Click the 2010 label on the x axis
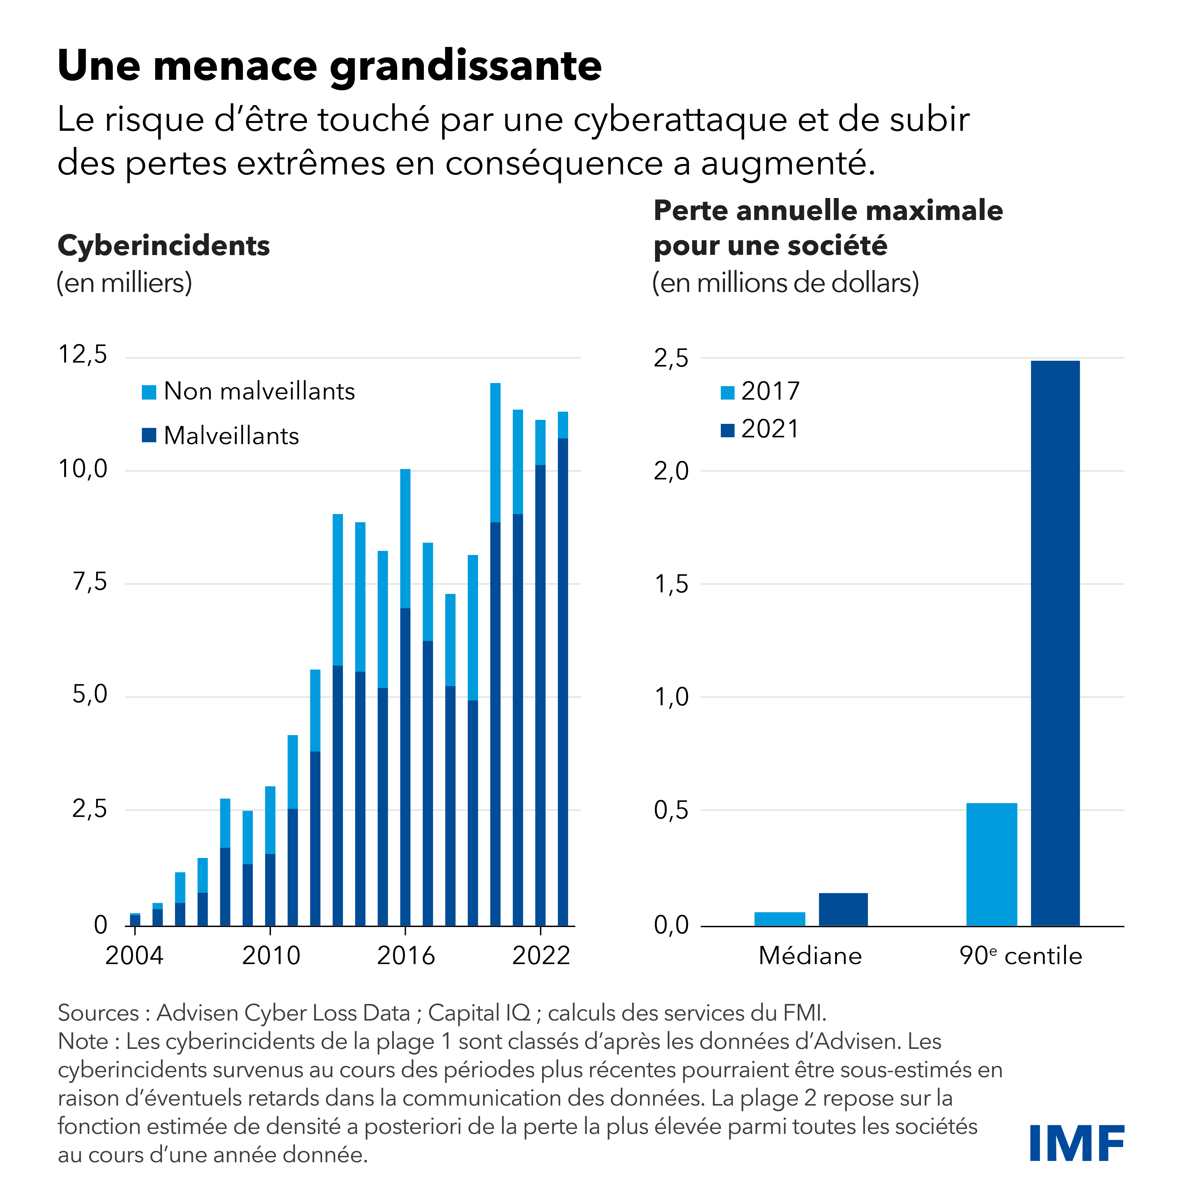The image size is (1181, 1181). (271, 955)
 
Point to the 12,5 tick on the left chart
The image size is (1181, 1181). (83, 354)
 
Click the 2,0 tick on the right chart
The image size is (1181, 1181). (671, 471)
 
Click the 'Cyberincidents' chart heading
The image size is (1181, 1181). (164, 246)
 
